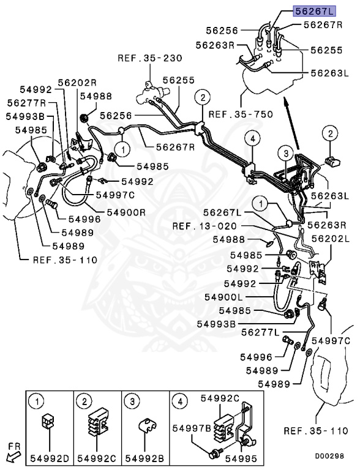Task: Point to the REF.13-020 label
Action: point(200,226)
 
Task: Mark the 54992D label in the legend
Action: point(50,458)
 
